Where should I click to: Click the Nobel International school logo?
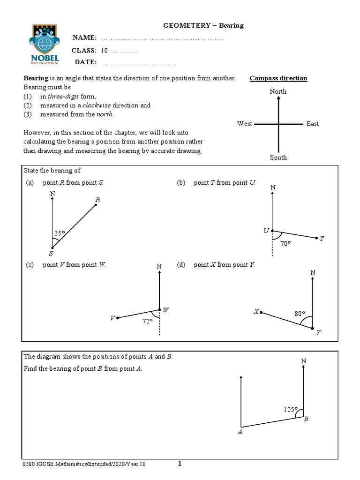pyautogui.click(x=45, y=44)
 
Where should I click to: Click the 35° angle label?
pyautogui.click(x=60, y=233)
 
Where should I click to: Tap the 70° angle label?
pyautogui.click(x=285, y=243)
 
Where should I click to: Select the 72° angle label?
pyautogui.click(x=148, y=322)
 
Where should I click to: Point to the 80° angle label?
pyautogui.click(x=300, y=314)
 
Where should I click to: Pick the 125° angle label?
pyautogui.click(x=290, y=409)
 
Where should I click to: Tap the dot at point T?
pyautogui.click(x=317, y=238)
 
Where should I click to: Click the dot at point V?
pyautogui.click(x=118, y=318)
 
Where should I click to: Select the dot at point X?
pyautogui.click(x=261, y=312)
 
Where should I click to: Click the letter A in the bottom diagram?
pyautogui.click(x=240, y=432)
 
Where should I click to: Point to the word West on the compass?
pyautogui.click(x=245, y=124)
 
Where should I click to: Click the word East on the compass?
pyautogui.click(x=313, y=124)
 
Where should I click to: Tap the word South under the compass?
pyautogui.click(x=278, y=157)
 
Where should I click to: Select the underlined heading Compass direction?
pyautogui.click(x=278, y=78)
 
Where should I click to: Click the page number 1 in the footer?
pyautogui.click(x=180, y=464)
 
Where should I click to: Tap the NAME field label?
pyautogui.click(x=84, y=37)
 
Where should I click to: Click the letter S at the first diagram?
pyautogui.click(x=51, y=253)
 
